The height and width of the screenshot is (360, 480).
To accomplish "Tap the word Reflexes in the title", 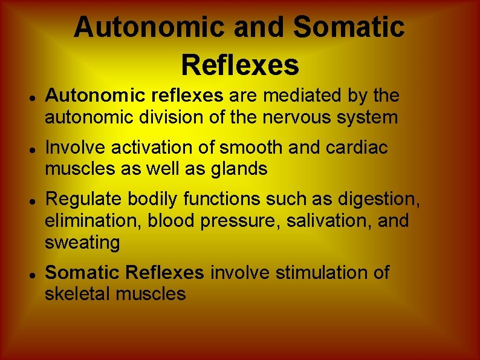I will (240, 64).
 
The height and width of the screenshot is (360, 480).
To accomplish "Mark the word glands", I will (238, 169).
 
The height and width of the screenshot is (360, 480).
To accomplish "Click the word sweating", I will (82, 243).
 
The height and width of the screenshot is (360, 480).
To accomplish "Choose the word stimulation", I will (325, 273).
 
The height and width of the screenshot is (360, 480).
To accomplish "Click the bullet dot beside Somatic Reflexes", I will (30, 274).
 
